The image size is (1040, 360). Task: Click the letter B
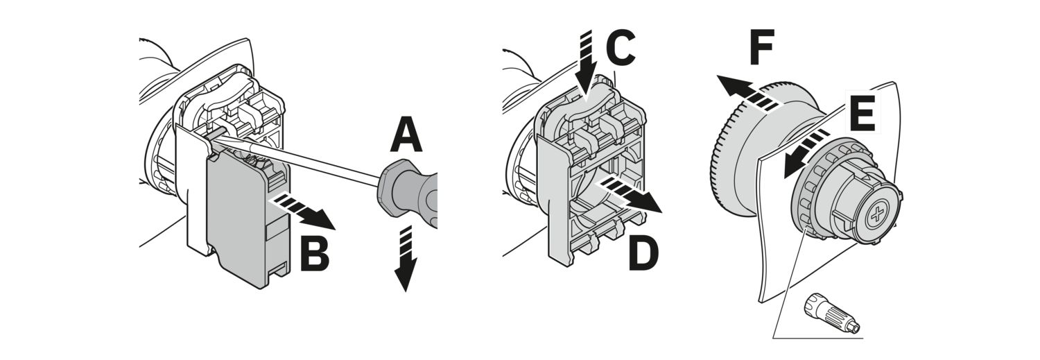pos(315,253)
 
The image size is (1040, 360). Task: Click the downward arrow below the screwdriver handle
pos(406,258)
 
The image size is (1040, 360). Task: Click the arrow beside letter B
pos(302,212)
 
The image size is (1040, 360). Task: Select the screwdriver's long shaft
pos(297,158)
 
